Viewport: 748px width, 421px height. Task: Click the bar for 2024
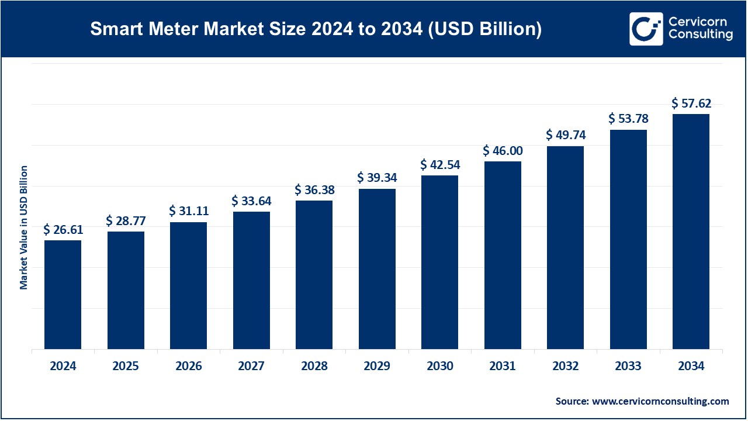[63, 295]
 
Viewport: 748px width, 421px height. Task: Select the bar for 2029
[377, 269]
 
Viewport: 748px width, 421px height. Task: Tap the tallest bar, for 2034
[691, 232]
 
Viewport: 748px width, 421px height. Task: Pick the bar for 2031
[503, 256]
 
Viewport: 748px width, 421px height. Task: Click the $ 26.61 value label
[63, 229]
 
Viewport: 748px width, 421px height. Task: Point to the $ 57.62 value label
[691, 103]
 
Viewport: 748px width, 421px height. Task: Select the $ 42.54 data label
[439, 164]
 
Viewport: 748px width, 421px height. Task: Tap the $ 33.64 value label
[251, 201]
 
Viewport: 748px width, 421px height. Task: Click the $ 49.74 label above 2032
[566, 135]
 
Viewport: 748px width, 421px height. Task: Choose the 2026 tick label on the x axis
[188, 367]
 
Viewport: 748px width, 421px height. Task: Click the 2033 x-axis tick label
[628, 367]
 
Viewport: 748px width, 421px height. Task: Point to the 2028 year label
[314, 367]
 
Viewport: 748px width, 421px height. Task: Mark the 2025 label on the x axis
[126, 367]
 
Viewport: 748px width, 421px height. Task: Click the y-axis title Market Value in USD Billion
[24, 227]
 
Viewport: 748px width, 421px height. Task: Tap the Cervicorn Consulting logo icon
[646, 29]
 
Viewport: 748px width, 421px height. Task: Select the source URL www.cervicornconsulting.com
[660, 401]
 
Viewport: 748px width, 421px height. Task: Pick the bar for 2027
[251, 280]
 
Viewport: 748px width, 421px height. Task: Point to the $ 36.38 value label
[314, 190]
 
